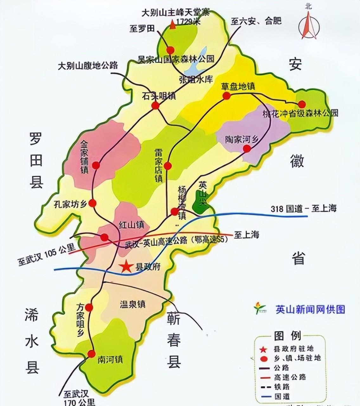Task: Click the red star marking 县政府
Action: coord(126,267)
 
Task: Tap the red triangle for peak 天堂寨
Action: coord(172,25)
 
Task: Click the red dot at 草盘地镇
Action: coord(226,96)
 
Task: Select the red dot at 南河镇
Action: coord(92,354)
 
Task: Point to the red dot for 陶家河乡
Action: coord(247,148)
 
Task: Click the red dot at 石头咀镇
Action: coord(155,106)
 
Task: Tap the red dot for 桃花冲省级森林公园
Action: coord(301,104)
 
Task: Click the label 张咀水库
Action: coord(196,79)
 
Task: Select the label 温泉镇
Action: coord(132,304)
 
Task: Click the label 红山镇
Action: coord(132,225)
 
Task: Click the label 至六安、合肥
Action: coord(256,21)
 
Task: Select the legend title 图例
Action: coord(287,336)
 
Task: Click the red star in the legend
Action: coord(263,349)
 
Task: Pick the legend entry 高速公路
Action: coord(290,377)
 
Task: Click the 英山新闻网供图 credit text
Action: coord(310,309)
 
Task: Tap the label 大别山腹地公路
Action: coord(88,65)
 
